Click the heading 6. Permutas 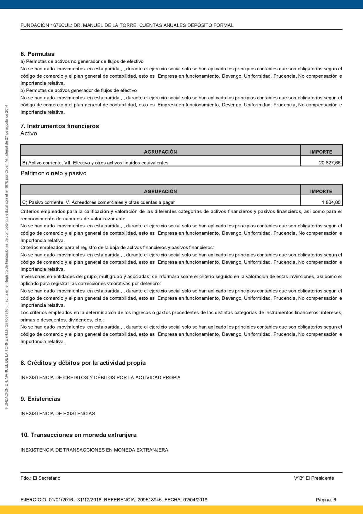[37, 54]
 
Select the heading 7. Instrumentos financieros [60, 126]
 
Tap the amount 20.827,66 [330, 163]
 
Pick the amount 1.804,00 [331, 202]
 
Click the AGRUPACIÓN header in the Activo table [160, 152]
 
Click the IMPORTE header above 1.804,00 [321, 191]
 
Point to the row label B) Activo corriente [95, 163]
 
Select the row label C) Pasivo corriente [98, 202]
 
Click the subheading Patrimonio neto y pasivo [54, 173]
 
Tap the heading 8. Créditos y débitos [83, 363]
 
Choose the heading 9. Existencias [40, 399]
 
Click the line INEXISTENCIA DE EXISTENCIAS [58, 413]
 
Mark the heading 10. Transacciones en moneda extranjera [78, 435]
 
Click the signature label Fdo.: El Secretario [40, 478]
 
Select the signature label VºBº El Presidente [314, 478]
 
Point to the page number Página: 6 [326, 500]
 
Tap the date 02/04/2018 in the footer [195, 500]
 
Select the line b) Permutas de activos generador [78, 90]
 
